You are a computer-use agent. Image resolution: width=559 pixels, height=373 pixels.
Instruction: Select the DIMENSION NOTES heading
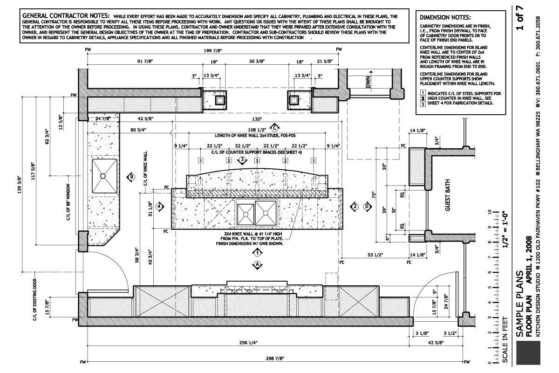443,17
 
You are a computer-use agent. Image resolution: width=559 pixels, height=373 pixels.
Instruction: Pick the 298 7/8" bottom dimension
275,358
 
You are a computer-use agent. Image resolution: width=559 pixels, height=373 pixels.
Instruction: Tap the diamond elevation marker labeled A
257,265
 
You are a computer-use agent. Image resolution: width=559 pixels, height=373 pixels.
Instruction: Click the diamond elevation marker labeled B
131,177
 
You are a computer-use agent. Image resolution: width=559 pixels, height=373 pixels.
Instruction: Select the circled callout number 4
160,206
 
